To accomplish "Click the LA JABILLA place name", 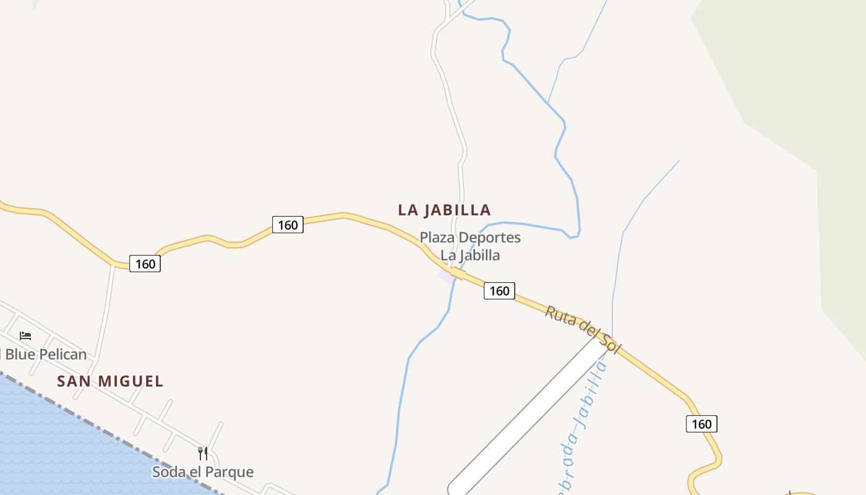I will [x=444, y=210].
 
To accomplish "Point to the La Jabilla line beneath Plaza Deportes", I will [x=469, y=255].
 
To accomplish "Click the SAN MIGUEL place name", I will [x=110, y=381].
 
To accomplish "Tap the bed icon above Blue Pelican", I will [x=25, y=335].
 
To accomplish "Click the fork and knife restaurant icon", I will [x=203, y=453].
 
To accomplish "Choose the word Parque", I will [x=229, y=472].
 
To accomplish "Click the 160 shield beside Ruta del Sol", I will [x=499, y=291].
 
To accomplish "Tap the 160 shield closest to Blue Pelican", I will [x=145, y=264].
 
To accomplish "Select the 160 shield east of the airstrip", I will [x=701, y=424].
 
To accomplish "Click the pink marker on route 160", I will [x=447, y=275].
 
